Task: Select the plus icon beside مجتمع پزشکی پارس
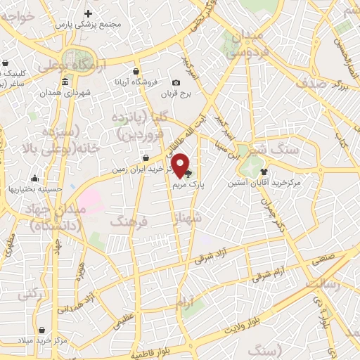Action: pos(88,13)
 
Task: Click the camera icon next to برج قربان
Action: pos(176,83)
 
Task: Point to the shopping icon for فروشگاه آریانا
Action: pos(136,71)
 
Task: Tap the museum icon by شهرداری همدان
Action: pos(65,82)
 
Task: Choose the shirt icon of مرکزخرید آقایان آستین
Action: pos(264,171)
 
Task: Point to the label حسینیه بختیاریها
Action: pos(35,188)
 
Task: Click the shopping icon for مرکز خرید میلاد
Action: pos(41,330)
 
